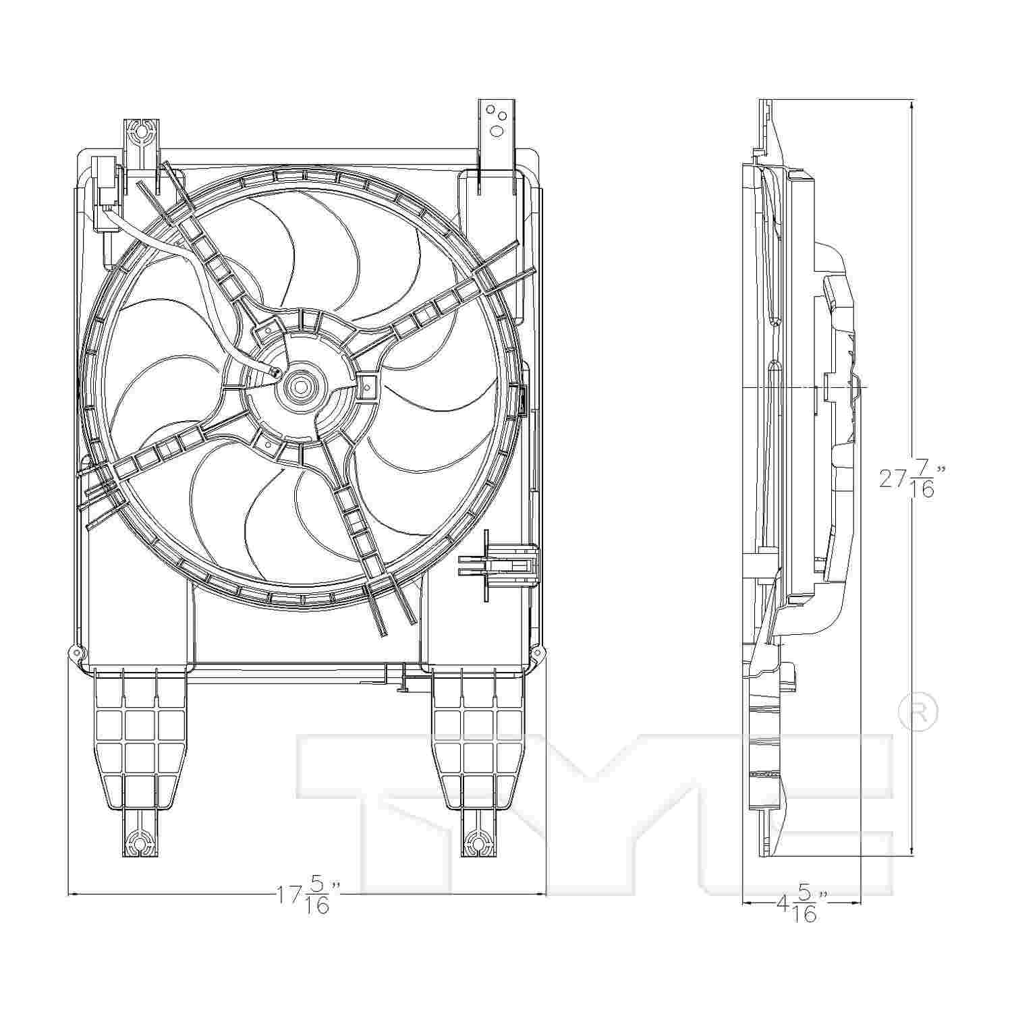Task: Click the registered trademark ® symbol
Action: coord(918,711)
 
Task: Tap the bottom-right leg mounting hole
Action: coord(478,842)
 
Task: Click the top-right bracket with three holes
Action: coord(497,121)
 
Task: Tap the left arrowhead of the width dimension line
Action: coord(72,895)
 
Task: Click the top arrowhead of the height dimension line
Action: coord(912,103)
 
